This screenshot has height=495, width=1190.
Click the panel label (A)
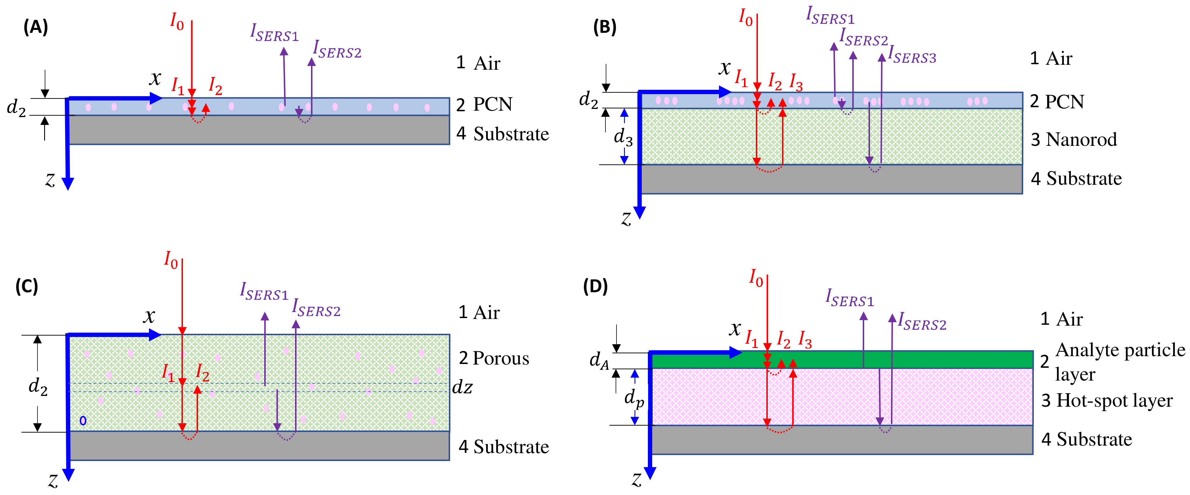tap(35, 27)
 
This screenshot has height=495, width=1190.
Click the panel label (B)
tap(604, 27)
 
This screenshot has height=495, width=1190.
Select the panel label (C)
tap(27, 286)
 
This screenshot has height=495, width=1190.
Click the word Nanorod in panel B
tap(1081, 139)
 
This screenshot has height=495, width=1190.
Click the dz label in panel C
tap(462, 387)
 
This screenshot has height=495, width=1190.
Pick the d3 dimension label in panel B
tap(623, 137)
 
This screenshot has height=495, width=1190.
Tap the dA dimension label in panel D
tap(599, 361)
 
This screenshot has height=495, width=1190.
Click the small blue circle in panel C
tap(83, 421)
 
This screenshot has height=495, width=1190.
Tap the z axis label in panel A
tap(50, 179)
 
